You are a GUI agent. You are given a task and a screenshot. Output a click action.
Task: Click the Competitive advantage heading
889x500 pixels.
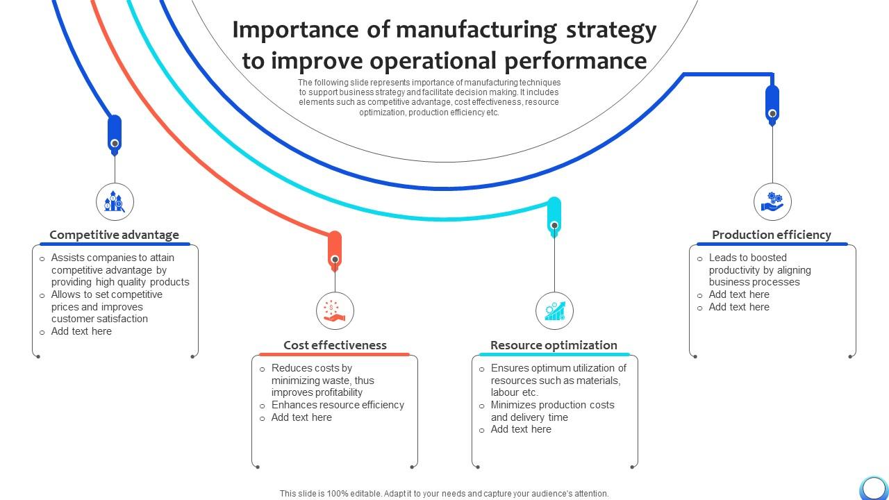(114, 235)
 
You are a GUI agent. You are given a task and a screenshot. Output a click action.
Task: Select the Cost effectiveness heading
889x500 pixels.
(335, 345)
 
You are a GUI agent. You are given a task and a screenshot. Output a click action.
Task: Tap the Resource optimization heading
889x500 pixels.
(554, 345)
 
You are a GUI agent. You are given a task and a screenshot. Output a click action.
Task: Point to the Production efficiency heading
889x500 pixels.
(771, 235)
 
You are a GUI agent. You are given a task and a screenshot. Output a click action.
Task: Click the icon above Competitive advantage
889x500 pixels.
(115, 202)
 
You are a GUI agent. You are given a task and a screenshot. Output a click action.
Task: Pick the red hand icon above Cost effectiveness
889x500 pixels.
(335, 310)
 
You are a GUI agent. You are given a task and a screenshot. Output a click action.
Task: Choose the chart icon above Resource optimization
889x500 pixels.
(554, 310)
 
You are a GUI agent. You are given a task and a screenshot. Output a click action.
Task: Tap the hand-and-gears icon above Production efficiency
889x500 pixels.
(772, 202)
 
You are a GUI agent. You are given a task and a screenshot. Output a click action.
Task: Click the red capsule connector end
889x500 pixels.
(335, 250)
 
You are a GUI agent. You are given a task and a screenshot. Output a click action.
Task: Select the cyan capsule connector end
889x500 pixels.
(554, 216)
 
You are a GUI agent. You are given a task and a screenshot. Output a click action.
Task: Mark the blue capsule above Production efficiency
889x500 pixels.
(772, 104)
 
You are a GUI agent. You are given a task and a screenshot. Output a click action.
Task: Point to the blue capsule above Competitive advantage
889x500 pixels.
(115, 134)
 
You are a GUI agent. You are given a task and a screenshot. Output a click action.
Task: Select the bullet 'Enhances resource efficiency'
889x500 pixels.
(338, 405)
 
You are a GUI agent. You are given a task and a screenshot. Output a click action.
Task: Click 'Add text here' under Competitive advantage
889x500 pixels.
(81, 331)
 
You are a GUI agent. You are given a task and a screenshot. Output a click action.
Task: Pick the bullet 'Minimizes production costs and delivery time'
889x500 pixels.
(552, 411)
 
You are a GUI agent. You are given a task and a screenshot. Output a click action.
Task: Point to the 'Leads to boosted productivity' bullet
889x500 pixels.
(759, 270)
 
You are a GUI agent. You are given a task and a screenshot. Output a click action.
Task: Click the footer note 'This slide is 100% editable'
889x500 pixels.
(444, 494)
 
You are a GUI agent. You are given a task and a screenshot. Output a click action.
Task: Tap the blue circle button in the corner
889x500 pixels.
(873, 487)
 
